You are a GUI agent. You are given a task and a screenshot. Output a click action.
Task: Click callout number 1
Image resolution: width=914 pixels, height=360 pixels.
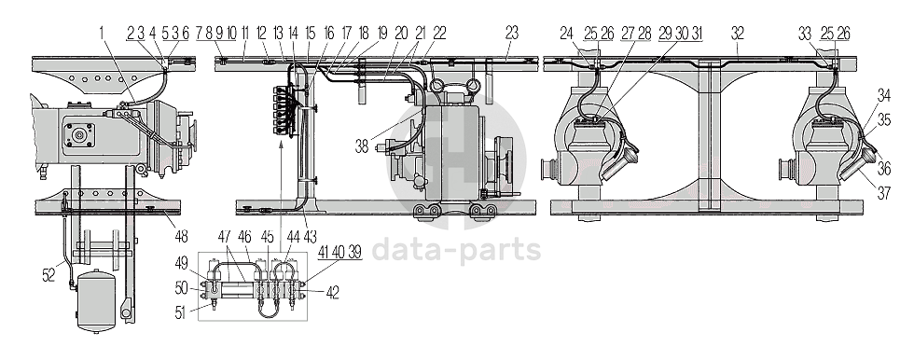coord(102,33)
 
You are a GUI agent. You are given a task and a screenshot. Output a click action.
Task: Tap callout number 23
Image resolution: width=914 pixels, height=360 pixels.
coord(511,33)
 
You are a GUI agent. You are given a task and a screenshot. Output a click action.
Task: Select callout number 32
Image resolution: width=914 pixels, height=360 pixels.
coord(738,33)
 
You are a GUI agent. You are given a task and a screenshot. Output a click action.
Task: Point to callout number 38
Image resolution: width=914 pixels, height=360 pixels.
coord(362,145)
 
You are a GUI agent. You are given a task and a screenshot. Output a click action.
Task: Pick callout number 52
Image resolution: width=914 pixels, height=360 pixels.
coord(48,275)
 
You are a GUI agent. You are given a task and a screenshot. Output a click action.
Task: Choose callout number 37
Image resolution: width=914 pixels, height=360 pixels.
coord(884,193)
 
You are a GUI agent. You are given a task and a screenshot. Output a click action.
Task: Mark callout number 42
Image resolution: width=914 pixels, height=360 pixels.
coord(332,292)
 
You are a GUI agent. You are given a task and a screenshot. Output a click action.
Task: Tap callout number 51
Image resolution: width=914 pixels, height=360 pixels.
coord(181,312)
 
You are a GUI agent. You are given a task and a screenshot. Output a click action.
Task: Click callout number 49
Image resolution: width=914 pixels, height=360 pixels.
coord(181,264)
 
